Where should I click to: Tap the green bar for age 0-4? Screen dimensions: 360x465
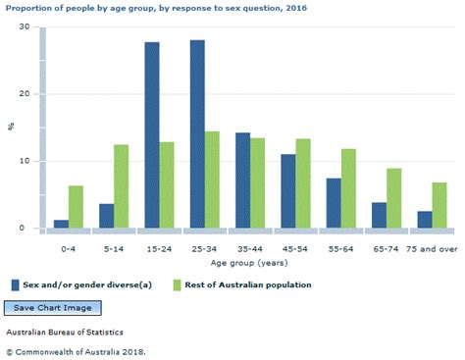click(77, 207)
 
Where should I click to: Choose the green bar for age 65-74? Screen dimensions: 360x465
click(394, 198)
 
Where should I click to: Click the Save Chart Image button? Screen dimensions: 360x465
click(49, 308)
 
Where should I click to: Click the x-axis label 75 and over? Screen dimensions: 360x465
click(432, 249)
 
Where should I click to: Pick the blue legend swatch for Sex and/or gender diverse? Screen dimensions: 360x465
click(16, 284)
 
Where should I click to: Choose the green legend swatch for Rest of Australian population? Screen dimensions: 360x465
click(177, 284)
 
